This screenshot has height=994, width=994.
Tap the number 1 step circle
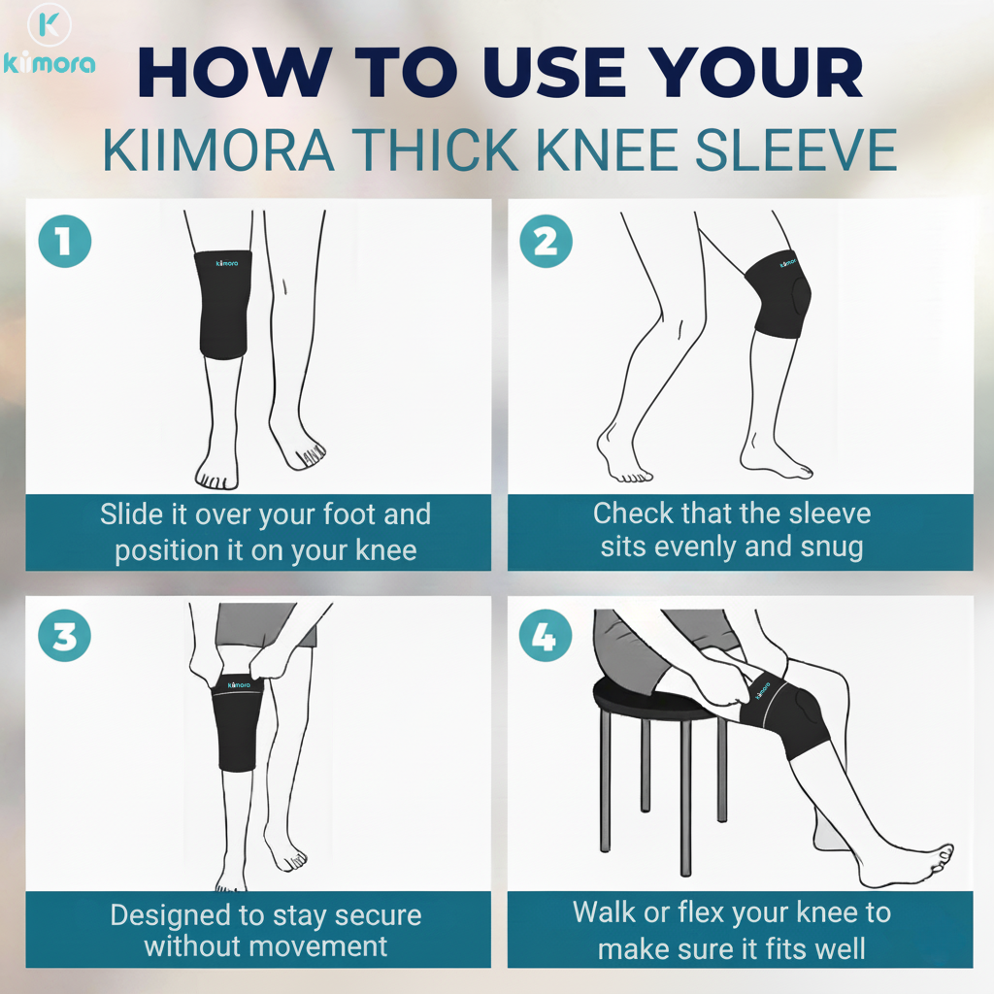[x=65, y=241]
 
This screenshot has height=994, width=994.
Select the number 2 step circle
[x=546, y=241]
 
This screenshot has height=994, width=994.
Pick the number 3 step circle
[x=65, y=638]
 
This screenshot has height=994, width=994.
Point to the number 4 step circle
[x=546, y=638]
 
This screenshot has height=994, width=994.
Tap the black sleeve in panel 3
[x=237, y=723]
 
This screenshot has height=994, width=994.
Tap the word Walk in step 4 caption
[x=605, y=912]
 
